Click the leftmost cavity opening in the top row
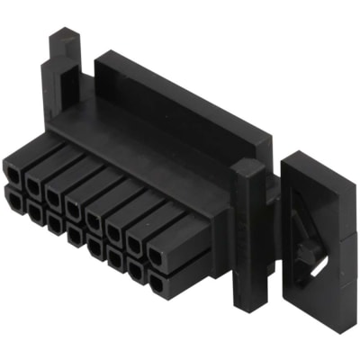coord(13,168)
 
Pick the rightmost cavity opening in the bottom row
coord(156,283)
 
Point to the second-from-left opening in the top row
coord(32,183)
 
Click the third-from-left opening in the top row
coord(53,193)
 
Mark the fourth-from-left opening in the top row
coord(74,206)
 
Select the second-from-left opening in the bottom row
coord(32,211)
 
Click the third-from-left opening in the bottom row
coord(53,222)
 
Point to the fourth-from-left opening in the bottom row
coord(74,235)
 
